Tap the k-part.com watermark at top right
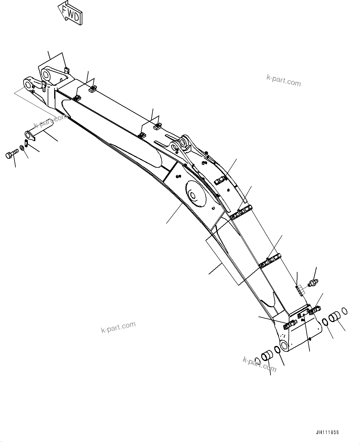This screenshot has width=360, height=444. point(284,80)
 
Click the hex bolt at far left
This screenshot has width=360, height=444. point(11,154)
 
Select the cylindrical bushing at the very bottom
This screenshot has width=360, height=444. point(267,356)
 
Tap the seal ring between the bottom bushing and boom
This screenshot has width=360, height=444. point(277,350)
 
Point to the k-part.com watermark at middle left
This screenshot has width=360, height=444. point(119,327)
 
